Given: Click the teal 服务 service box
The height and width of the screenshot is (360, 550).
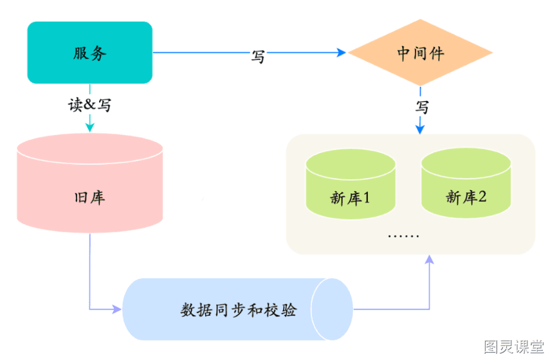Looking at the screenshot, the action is [x=90, y=53].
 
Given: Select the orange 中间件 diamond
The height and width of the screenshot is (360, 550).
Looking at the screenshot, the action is [x=420, y=53].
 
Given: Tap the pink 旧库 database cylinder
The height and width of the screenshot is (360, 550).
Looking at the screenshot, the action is [x=90, y=183].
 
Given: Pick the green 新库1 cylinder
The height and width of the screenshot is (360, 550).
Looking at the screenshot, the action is [x=351, y=184].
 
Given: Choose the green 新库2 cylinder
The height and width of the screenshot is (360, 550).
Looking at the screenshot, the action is [x=466, y=183].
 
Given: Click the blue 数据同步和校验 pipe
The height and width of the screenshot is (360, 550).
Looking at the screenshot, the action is [x=237, y=309].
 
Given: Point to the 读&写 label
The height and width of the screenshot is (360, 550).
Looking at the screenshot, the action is [x=90, y=105].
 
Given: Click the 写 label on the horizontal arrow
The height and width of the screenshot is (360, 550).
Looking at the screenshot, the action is [x=258, y=57].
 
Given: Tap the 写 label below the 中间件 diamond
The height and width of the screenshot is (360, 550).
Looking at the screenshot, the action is [x=422, y=107].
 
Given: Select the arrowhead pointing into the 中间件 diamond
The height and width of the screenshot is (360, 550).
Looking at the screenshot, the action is [x=342, y=53].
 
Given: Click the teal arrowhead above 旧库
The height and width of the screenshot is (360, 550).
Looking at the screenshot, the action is [x=90, y=127].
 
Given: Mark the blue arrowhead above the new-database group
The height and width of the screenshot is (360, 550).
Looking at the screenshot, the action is [x=420, y=129].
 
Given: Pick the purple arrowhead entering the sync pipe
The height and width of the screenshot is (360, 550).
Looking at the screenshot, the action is [x=117, y=309].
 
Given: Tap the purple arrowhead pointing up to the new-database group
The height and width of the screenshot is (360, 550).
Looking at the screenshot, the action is [x=429, y=260].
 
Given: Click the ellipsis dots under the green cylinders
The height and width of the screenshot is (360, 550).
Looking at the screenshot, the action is [x=403, y=237].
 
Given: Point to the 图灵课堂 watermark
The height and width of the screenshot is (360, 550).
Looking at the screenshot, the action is [x=513, y=346].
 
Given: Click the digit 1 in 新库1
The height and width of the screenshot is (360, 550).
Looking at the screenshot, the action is [x=367, y=198].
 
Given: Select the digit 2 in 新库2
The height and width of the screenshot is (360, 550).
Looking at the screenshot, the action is [x=482, y=197].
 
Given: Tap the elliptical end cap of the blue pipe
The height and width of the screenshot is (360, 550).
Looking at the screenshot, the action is [x=332, y=309].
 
